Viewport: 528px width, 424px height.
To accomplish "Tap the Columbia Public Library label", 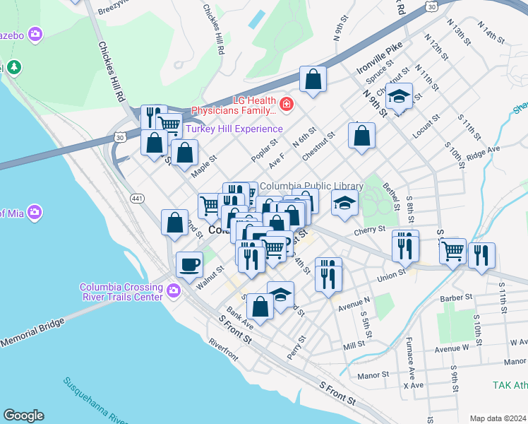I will (x=311, y=187).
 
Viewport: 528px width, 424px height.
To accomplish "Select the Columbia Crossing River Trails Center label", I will (x=121, y=292).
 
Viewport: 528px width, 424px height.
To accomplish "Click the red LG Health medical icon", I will (x=286, y=106).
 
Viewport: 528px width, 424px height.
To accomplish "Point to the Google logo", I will (x=23, y=416).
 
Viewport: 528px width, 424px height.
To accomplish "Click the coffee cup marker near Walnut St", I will (x=188, y=266).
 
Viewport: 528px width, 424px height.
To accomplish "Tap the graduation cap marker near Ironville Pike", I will (x=400, y=97).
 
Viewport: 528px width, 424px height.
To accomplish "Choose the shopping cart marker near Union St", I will (x=452, y=250).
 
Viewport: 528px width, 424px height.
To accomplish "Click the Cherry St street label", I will (x=369, y=230).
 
